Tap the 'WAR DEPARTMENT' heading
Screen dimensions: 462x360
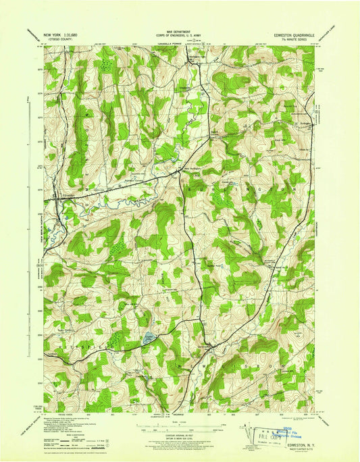tap(179, 32)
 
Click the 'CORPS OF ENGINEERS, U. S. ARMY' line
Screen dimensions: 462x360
tap(179, 36)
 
